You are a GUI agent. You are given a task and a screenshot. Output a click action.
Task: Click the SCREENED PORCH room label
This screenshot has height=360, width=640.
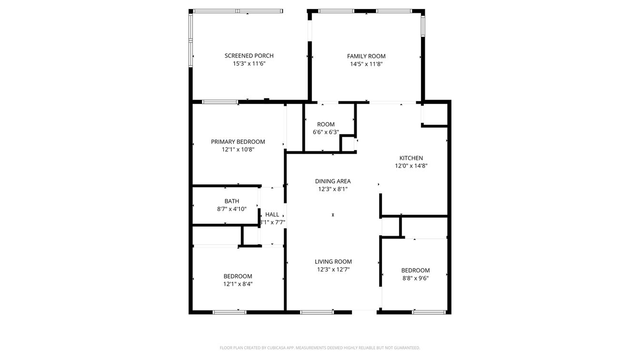point(249,56)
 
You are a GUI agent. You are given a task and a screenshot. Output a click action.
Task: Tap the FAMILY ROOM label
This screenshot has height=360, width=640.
point(366,56)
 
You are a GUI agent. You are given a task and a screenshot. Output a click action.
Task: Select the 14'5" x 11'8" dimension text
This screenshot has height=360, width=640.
point(366,64)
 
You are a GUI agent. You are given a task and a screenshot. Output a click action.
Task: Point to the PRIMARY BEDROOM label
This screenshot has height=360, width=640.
point(238,142)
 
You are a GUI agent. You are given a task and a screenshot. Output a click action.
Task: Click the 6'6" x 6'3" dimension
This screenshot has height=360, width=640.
point(326,132)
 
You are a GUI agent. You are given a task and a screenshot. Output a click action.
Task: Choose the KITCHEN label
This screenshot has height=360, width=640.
point(411,158)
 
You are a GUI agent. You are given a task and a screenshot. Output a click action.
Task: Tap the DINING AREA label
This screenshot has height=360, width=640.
point(333,181)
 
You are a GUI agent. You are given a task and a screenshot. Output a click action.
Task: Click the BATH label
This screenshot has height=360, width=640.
point(232,201)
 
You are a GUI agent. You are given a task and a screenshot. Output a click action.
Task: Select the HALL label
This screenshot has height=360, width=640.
point(272,215)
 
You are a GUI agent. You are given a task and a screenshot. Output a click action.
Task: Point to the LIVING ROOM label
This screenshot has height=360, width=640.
point(333,261)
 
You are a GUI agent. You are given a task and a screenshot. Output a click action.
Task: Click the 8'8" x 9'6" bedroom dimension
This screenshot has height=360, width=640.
point(415,278)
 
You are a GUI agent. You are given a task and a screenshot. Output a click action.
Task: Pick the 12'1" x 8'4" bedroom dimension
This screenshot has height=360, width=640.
point(238,284)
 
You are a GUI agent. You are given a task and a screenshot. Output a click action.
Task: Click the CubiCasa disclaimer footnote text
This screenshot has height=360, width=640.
point(320,348)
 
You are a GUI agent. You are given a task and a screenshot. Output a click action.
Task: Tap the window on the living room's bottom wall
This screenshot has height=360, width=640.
point(317,312)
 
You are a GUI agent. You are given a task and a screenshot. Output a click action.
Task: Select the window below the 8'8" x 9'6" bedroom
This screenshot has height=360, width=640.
point(429,312)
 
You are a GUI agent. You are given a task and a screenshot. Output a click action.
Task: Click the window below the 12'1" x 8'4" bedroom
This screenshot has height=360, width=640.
point(230,312)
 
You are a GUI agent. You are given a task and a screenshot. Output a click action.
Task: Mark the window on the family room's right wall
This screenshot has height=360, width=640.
point(423,25)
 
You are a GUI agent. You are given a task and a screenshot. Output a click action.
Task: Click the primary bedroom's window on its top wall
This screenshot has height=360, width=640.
point(220,102)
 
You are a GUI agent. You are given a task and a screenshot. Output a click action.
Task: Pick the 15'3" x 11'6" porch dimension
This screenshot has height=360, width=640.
point(249,63)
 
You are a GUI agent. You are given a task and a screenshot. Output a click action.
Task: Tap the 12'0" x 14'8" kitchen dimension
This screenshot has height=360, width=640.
point(411,166)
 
